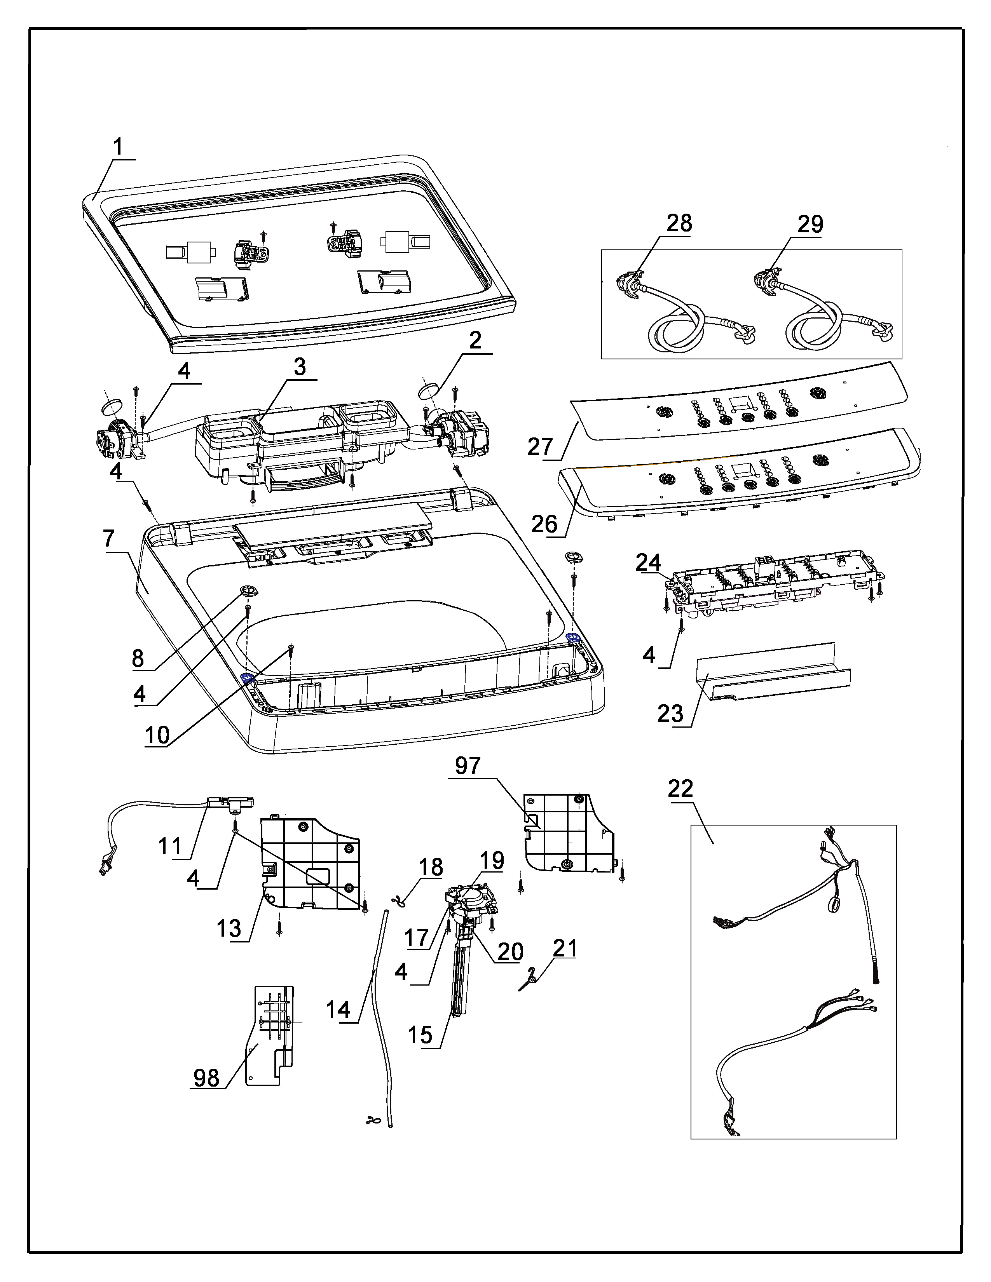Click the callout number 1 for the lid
pos(119,147)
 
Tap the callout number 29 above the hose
pos(810,224)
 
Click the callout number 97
pos(468,765)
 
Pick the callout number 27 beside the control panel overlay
pos(541,447)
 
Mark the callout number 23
pos(670,714)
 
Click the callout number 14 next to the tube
pos(338,1010)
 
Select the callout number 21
pos(565,948)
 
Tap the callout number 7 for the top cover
pos(109,538)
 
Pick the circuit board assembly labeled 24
pos(775,581)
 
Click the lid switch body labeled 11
pos(232,801)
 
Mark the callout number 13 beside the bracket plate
pos(229,928)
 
